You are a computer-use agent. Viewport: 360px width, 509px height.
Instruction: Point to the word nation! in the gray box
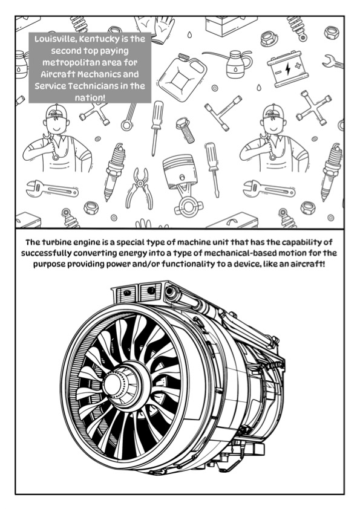click(x=90, y=98)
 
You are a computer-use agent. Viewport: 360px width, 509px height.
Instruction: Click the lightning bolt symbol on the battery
click(x=287, y=68)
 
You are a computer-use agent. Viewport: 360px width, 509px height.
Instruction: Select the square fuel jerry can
click(x=183, y=73)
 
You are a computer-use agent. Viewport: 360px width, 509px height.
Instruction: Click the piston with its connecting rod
click(x=183, y=185)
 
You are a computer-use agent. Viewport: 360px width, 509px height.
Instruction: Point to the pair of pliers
click(x=140, y=187)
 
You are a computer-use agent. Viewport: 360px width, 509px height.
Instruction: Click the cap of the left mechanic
click(x=56, y=111)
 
